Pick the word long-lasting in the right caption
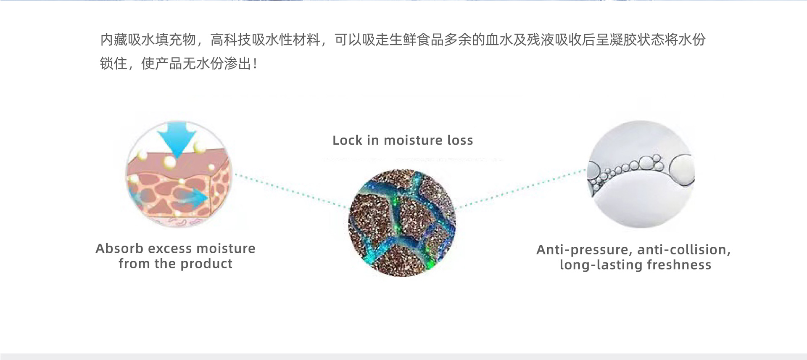(x=601, y=265)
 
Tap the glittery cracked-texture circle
(x=402, y=223)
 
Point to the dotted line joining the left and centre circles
(x=292, y=191)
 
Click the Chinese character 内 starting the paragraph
(x=107, y=40)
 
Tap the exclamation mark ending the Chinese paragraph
(x=255, y=64)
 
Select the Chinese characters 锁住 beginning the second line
(x=113, y=64)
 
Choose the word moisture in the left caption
(x=226, y=249)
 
